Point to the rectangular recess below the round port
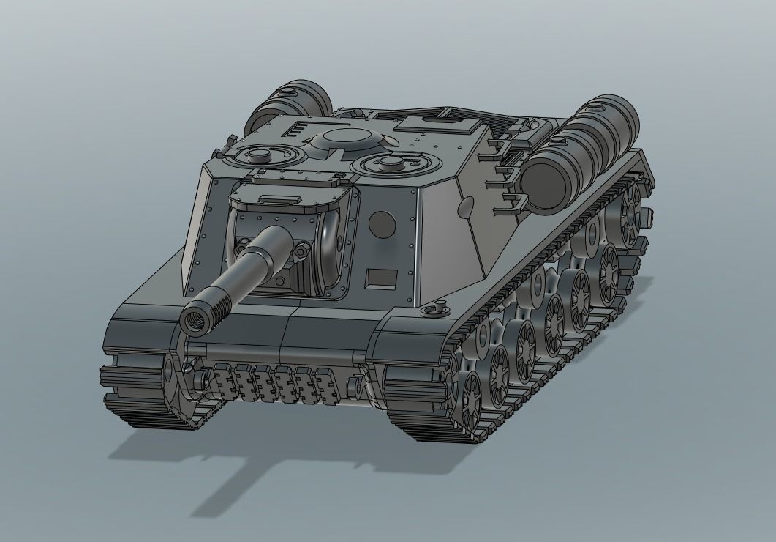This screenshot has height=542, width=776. [378, 278]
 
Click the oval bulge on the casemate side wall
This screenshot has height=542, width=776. [464, 208]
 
